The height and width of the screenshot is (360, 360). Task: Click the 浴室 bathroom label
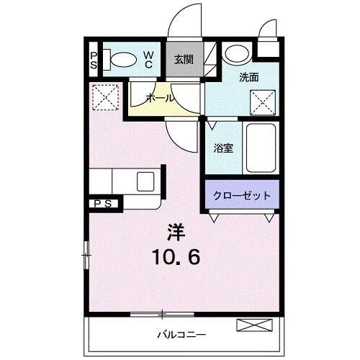[x=222, y=149]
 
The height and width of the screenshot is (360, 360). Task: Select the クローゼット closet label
[x=240, y=194]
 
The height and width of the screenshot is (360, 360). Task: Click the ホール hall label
[x=158, y=98]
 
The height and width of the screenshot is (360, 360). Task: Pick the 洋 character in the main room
[x=176, y=233]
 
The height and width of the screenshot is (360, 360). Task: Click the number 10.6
[x=176, y=255]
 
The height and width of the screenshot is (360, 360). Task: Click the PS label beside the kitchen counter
[x=103, y=204]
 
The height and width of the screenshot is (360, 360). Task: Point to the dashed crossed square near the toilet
[x=105, y=96]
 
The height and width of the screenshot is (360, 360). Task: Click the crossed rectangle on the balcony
[x=256, y=325]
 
